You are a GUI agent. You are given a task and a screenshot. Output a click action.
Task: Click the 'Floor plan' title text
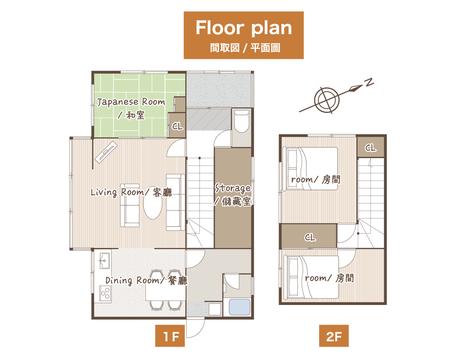click(x=244, y=28)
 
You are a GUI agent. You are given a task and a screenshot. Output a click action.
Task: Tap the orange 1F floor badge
click(x=170, y=336)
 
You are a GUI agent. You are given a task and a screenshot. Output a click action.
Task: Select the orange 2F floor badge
click(x=334, y=336)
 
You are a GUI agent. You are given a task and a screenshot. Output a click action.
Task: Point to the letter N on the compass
click(x=369, y=82)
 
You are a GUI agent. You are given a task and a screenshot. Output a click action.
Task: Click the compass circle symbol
click(x=327, y=100)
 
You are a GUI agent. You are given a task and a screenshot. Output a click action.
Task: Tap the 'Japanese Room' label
click(x=131, y=102)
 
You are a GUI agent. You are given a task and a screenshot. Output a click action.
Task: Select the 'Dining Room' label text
click(x=132, y=281)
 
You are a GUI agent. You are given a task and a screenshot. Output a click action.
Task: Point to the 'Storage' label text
click(x=233, y=188)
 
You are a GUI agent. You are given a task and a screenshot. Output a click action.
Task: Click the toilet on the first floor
click(x=241, y=122)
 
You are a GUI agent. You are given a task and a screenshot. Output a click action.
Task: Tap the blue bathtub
click(x=240, y=307)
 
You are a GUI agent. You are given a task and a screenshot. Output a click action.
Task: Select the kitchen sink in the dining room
click(x=105, y=260)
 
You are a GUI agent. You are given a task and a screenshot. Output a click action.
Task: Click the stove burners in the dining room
click(x=105, y=293)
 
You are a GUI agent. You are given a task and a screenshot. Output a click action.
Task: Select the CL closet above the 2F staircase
click(x=370, y=147)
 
